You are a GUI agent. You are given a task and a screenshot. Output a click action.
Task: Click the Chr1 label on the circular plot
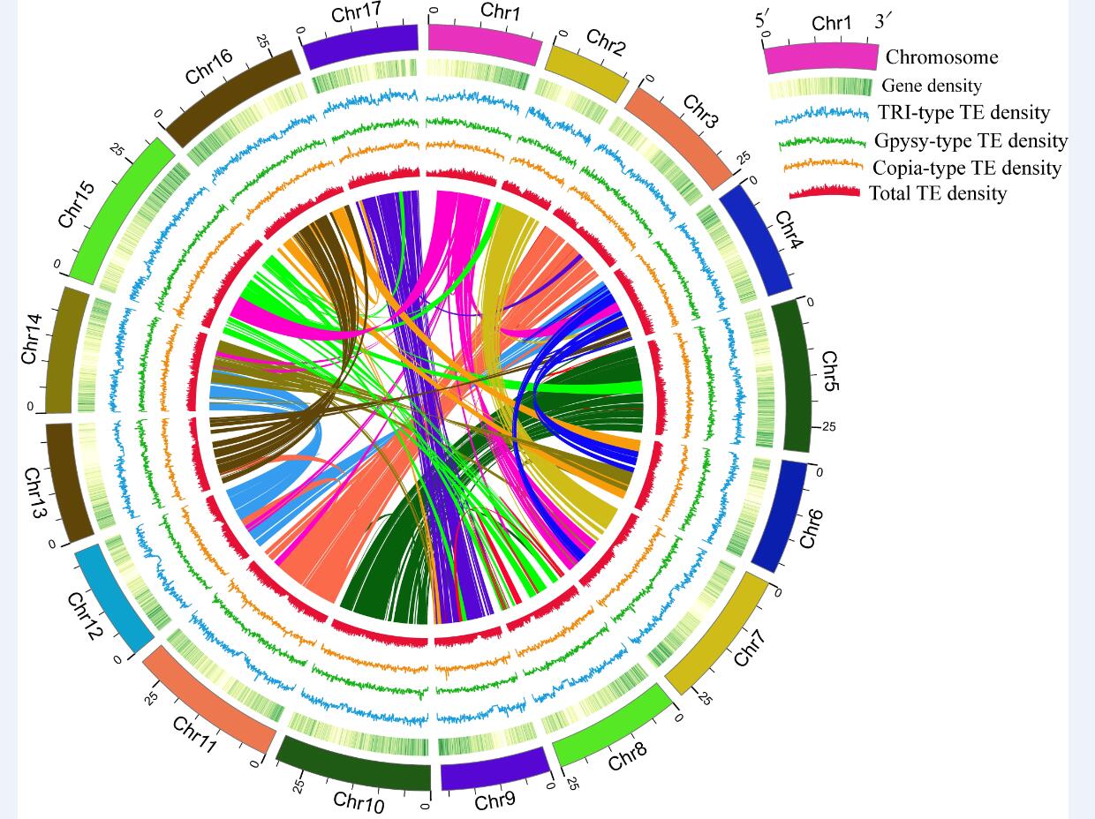501,11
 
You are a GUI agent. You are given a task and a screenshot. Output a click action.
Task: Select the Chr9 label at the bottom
495,801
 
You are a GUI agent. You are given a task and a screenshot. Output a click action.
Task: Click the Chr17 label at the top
356,14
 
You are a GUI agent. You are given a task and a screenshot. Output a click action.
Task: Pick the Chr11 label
194,735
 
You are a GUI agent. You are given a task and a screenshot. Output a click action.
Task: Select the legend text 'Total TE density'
937,193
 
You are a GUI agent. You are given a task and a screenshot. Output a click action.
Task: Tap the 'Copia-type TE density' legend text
966,168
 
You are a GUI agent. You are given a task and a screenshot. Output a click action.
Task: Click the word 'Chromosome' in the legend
941,57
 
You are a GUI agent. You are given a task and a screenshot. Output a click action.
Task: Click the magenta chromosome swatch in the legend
821,58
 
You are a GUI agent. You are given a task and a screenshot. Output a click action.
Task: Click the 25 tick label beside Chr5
828,427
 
